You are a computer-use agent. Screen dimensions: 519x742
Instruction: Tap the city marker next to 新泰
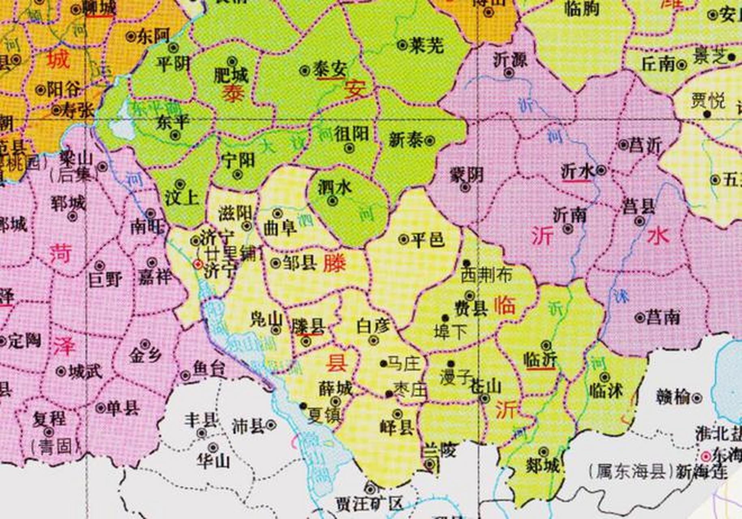click(x=430, y=141)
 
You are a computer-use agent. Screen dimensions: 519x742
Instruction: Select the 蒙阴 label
click(x=467, y=176)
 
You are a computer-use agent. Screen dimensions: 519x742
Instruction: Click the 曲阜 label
click(x=280, y=228)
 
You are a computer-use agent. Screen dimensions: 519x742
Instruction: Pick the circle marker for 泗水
click(x=333, y=201)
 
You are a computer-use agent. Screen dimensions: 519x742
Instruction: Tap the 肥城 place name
click(x=231, y=75)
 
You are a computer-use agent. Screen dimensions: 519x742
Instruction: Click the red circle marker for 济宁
click(x=198, y=265)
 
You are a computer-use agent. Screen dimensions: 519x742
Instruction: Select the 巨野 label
click(x=105, y=280)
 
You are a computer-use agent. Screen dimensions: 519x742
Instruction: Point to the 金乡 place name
click(x=145, y=355)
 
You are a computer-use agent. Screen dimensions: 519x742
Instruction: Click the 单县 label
click(x=123, y=407)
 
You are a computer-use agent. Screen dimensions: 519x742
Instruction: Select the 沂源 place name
click(x=510, y=60)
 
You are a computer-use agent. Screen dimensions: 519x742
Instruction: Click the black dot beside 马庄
click(x=383, y=363)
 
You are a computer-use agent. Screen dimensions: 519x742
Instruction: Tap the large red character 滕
click(x=335, y=264)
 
